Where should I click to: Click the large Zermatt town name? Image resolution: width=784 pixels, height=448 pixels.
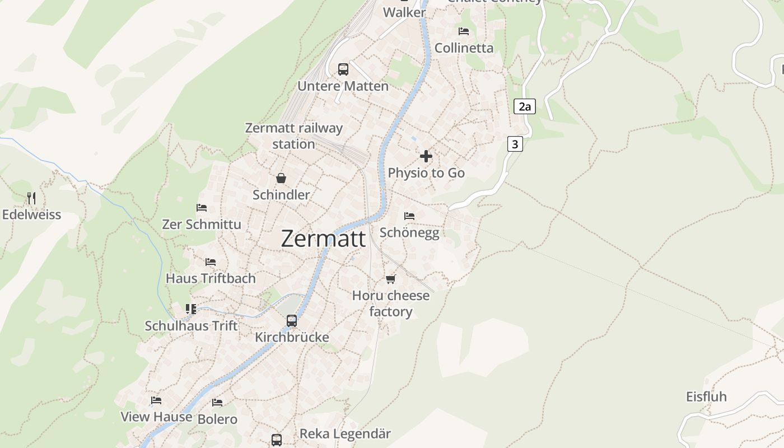click(x=323, y=239)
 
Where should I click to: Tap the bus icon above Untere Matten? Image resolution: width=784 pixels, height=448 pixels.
click(x=343, y=69)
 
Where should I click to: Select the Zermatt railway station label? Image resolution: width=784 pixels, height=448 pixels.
click(x=293, y=136)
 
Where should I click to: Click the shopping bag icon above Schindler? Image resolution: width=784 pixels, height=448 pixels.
click(x=281, y=178)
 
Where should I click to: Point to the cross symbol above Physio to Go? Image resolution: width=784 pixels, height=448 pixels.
click(x=426, y=156)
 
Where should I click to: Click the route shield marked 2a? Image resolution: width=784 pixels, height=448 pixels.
click(x=524, y=106)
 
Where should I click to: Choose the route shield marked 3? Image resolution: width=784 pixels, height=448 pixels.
click(x=515, y=144)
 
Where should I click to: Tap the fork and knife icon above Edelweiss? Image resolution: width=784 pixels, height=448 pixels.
click(x=31, y=198)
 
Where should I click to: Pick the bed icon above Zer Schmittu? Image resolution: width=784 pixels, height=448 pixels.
click(x=202, y=207)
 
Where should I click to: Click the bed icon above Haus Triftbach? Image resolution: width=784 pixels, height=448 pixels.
click(x=211, y=262)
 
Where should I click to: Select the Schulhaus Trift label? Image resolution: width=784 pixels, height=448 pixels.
click(x=191, y=325)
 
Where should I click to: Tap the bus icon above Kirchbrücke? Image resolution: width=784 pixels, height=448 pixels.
click(x=292, y=320)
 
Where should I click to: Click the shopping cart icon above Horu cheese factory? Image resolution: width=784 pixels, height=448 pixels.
click(x=390, y=279)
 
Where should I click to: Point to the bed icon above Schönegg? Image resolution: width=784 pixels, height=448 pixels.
click(x=409, y=216)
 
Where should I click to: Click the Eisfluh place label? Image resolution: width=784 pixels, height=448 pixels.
click(x=706, y=396)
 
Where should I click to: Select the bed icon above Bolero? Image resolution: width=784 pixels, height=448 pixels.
click(x=217, y=402)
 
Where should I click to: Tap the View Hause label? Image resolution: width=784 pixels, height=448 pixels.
click(x=156, y=417)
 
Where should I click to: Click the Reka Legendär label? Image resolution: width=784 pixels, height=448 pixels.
click(x=345, y=433)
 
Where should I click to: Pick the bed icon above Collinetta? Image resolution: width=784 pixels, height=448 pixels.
click(x=464, y=31)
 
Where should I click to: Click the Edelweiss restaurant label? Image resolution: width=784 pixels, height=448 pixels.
click(x=31, y=214)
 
